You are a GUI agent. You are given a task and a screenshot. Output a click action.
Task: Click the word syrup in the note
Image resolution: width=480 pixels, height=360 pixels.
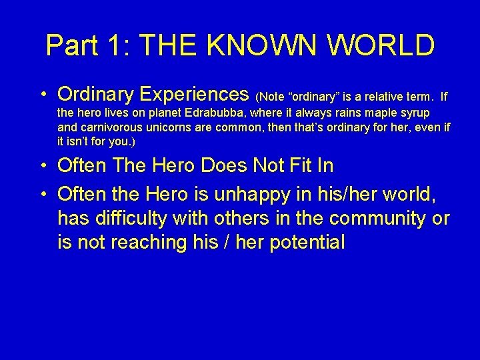[x=413, y=113]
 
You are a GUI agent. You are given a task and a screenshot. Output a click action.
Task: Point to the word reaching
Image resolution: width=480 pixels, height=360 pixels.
[x=142, y=243]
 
